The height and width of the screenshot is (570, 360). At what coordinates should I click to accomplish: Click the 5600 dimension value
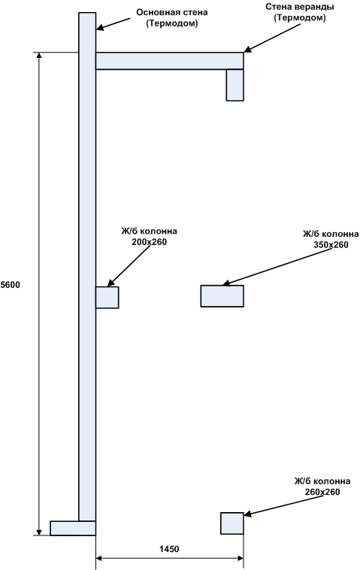tap(11, 285)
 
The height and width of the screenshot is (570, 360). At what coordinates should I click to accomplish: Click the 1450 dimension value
tap(169, 548)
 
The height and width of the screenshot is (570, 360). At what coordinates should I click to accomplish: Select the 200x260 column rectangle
tap(107, 297)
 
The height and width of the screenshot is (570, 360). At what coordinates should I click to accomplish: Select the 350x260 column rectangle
tap(222, 296)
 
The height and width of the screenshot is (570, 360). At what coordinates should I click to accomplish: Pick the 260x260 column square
tap(232, 523)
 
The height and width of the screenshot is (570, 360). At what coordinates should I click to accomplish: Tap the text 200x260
tap(149, 241)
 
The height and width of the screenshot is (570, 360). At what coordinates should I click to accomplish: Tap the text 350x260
tap(331, 244)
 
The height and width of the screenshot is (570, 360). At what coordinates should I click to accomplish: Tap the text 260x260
tap(322, 492)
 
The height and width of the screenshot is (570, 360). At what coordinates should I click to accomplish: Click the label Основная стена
tap(172, 12)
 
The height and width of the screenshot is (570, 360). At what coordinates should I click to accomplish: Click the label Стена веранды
tap(300, 7)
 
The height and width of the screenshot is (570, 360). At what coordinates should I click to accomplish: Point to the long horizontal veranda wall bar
tap(169, 61)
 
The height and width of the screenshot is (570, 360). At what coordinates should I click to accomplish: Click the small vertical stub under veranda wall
tap(234, 85)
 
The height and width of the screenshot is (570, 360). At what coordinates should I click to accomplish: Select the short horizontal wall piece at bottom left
tap(73, 528)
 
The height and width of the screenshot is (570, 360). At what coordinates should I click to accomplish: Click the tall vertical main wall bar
tap(87, 266)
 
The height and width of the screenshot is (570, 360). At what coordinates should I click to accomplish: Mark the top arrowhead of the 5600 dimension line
tap(38, 55)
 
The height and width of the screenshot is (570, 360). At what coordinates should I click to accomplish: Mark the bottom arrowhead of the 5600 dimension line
tap(38, 532)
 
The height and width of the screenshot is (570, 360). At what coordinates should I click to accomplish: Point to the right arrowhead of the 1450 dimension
tap(240, 558)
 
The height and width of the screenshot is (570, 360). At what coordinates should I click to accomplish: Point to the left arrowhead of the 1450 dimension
tap(99, 558)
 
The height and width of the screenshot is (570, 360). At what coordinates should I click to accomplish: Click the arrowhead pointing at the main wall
tap(100, 28)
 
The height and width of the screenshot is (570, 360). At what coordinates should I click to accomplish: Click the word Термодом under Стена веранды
tap(300, 18)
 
